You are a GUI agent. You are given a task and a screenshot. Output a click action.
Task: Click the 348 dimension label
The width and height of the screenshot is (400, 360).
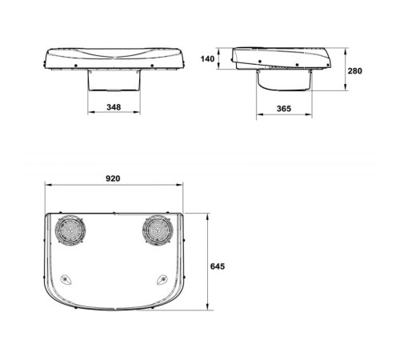(114, 107)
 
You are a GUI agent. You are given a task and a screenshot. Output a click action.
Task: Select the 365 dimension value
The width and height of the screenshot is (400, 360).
(284, 109)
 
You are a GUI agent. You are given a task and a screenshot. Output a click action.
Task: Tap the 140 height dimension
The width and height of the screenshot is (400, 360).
(207, 59)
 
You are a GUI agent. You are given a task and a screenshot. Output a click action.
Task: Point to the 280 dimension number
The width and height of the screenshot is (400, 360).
(355, 71)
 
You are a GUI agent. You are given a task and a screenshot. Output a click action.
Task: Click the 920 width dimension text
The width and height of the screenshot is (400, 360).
(113, 178)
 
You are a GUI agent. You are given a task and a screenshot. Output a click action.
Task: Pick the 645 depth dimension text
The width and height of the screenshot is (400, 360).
(218, 266)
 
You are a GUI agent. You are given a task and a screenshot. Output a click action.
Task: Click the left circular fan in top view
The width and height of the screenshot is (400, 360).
(70, 229)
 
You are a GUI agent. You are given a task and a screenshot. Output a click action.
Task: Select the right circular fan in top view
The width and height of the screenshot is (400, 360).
(158, 229)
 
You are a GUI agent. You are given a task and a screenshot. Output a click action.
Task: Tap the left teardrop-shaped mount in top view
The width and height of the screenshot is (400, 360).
(66, 280)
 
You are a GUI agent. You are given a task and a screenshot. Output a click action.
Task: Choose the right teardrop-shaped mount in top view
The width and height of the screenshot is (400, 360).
(162, 280)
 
